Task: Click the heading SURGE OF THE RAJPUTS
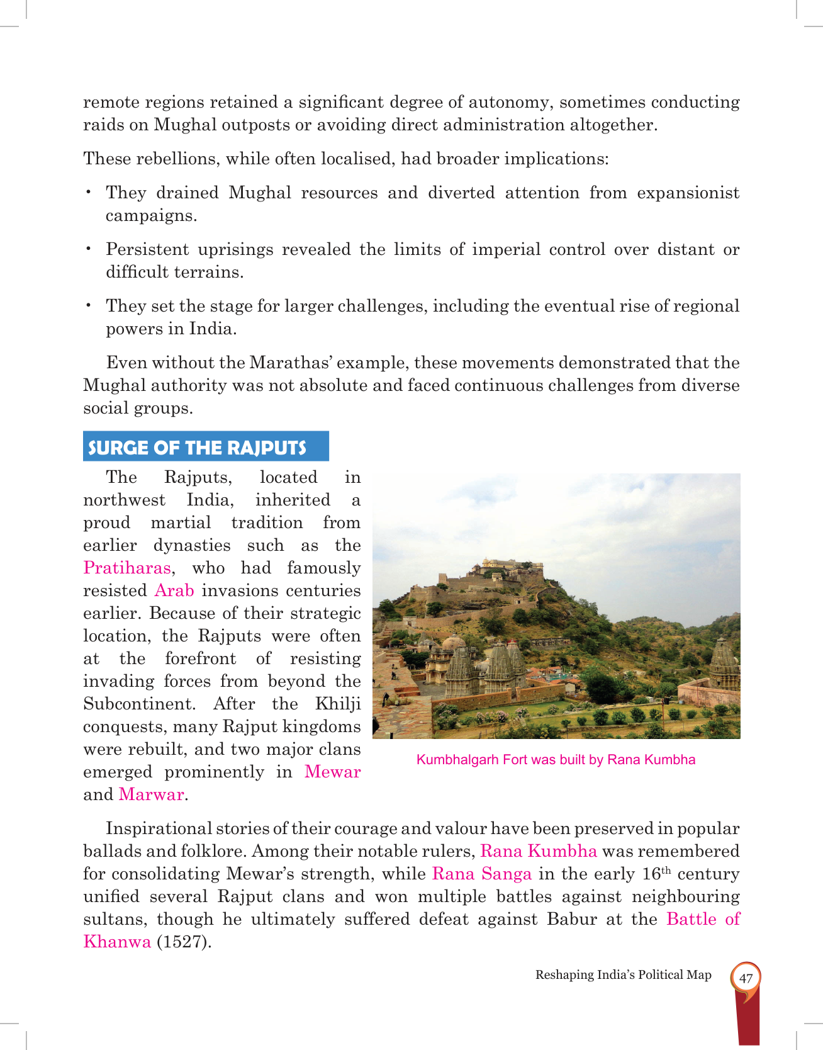[197, 448]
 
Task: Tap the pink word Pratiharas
[127, 568]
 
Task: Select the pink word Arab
[174, 590]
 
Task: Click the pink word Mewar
[332, 772]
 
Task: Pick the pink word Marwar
[152, 794]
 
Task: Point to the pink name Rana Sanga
[482, 874]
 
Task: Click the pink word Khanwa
[117, 942]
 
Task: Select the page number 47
[746, 978]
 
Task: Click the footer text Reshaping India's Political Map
[623, 974]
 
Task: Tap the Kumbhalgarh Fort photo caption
[556, 760]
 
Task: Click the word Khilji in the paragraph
[338, 704]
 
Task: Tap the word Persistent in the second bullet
[147, 250]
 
